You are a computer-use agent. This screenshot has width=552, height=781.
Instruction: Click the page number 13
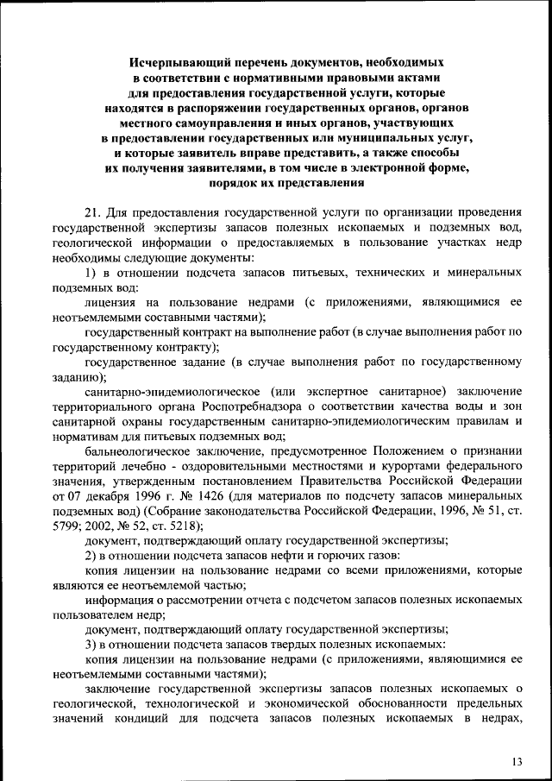point(517,760)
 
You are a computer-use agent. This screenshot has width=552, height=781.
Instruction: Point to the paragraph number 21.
point(94,212)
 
